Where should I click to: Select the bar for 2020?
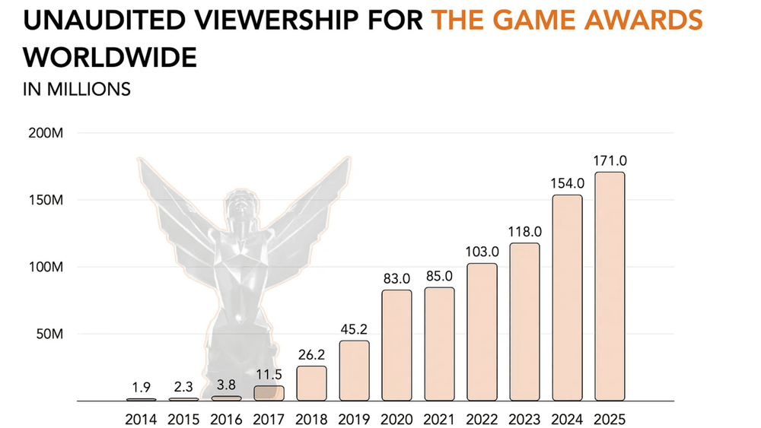(x=396, y=345)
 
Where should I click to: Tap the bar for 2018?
(x=311, y=383)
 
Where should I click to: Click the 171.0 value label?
(x=610, y=161)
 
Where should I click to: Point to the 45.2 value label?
(x=354, y=330)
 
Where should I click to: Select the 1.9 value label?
(x=141, y=388)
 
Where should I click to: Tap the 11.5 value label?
(x=269, y=375)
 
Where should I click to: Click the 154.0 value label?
(x=567, y=183)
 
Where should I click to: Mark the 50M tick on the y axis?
(x=50, y=334)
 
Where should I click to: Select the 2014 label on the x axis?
(x=141, y=418)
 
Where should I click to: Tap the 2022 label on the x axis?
(x=482, y=418)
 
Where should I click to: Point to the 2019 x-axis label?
(x=354, y=418)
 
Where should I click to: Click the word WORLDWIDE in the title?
(x=110, y=57)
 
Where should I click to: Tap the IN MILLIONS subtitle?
(x=77, y=89)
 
